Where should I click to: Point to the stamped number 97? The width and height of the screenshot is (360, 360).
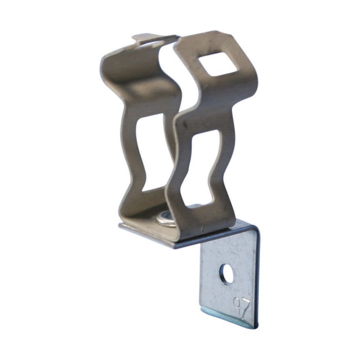pos(241,308)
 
